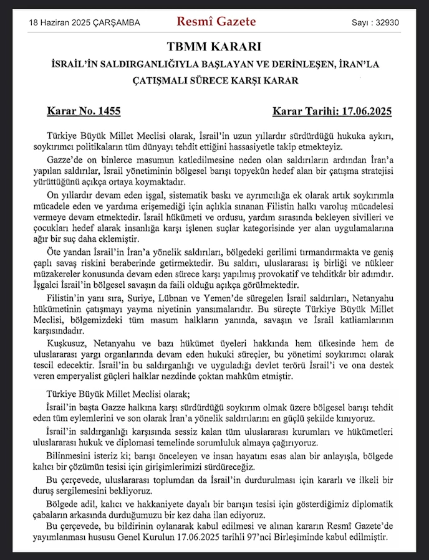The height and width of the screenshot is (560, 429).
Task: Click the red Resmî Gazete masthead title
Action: click(216, 22)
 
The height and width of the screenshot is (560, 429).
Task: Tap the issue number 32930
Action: click(385, 23)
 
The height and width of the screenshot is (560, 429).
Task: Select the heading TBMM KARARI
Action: click(214, 47)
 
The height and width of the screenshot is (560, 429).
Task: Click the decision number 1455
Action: click(109, 112)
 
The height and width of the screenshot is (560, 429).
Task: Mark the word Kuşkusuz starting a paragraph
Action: click(67, 343)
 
